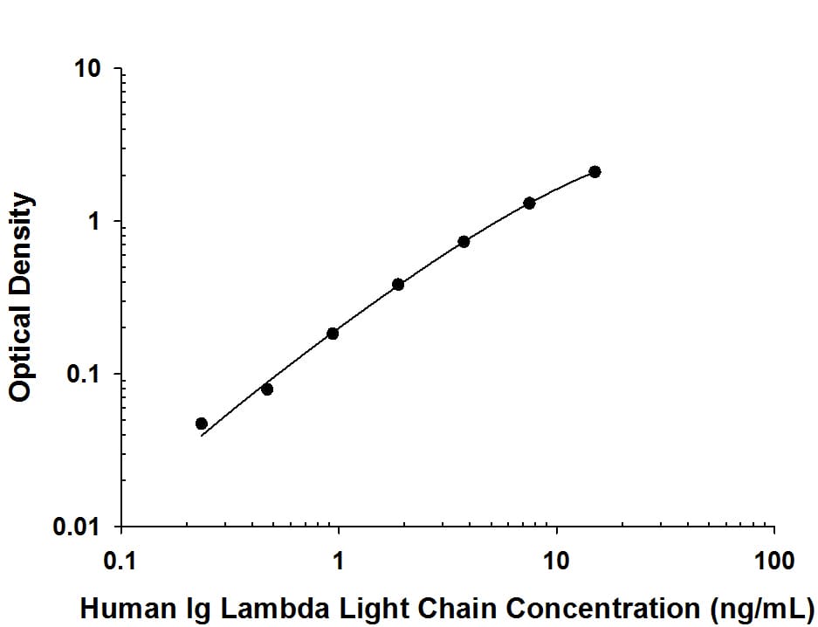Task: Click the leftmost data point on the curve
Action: (x=202, y=424)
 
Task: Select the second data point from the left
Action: (x=267, y=389)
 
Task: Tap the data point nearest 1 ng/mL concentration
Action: (x=333, y=334)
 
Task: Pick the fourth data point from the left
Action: (x=398, y=284)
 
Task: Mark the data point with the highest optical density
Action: (x=595, y=172)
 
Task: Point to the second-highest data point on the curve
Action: (x=529, y=203)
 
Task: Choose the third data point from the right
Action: (x=464, y=242)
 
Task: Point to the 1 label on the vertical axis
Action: (x=97, y=223)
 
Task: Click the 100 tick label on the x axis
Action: (x=773, y=561)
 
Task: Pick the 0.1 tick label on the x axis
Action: (x=120, y=561)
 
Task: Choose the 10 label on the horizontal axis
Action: (x=556, y=561)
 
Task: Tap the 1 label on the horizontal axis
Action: (x=339, y=561)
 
